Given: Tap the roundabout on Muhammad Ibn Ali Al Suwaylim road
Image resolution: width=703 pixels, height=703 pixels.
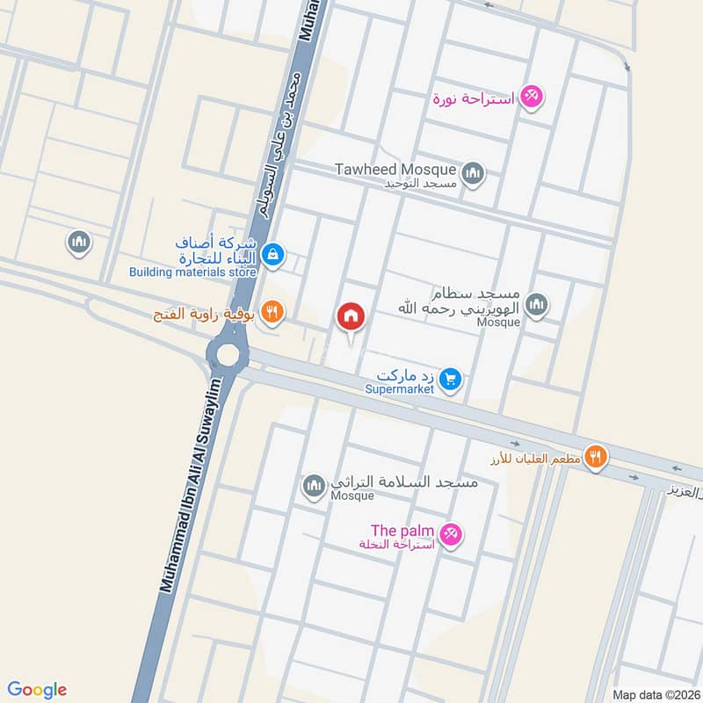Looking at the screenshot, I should (228, 355).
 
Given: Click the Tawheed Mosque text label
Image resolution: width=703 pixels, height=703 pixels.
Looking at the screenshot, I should (395, 170).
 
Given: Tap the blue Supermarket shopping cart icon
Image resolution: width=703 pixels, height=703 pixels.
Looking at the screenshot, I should (451, 379).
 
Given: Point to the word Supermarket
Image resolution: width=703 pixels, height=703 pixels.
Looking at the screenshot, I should (401, 389).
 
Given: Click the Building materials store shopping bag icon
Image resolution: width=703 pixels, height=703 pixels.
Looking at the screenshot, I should (273, 255).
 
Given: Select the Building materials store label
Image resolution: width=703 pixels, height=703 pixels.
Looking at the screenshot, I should (192, 272).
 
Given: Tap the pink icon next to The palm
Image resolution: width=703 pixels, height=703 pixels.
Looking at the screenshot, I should (450, 533).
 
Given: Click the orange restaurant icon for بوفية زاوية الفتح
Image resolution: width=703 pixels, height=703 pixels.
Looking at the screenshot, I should (273, 309).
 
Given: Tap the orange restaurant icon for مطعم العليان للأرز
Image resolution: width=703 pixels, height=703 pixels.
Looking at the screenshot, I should (597, 457).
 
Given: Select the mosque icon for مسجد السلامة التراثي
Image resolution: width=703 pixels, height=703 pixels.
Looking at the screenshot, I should (314, 485).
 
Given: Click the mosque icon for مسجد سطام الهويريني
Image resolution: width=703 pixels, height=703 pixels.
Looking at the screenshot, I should (536, 306).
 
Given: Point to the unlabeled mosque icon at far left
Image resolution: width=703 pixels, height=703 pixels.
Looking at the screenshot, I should (79, 242).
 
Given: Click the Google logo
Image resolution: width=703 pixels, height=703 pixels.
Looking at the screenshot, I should (37, 689).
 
